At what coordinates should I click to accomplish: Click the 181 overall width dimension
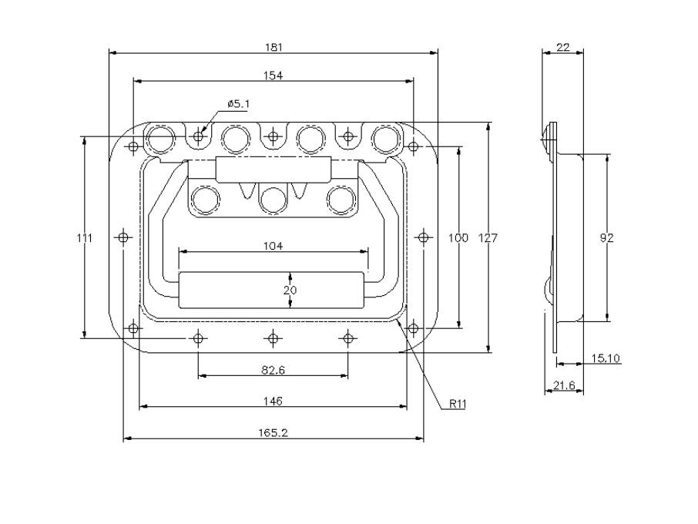click(x=273, y=47)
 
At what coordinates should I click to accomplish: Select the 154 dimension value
click(x=273, y=75)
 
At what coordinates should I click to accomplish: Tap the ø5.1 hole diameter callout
click(x=239, y=103)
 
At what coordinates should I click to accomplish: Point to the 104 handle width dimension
click(x=273, y=246)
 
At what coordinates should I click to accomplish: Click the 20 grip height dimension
click(x=290, y=290)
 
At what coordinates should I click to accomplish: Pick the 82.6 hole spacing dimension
click(x=273, y=370)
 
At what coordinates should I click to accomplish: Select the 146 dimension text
click(x=273, y=401)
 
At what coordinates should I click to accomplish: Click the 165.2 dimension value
click(x=273, y=433)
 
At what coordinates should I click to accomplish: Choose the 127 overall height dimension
click(x=488, y=238)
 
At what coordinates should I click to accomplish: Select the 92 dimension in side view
click(x=607, y=238)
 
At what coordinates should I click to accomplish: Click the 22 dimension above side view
click(x=562, y=48)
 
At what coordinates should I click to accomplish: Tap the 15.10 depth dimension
click(x=607, y=358)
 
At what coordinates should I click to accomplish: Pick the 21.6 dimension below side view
click(x=563, y=385)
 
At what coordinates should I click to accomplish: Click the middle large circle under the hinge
click(x=273, y=200)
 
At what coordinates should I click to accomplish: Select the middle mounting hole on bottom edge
click(x=273, y=338)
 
